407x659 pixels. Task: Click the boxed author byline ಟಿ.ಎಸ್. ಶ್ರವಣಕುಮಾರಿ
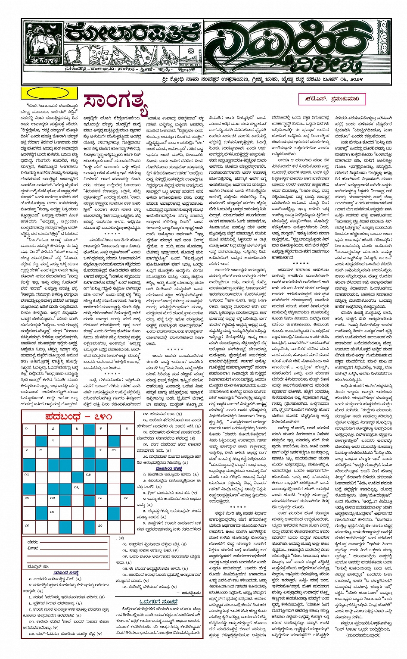332,99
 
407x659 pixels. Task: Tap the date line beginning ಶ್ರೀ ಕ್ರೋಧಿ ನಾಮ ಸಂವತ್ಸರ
275,80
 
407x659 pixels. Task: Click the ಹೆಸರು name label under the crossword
33,542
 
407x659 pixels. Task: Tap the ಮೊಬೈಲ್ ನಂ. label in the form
38,566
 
